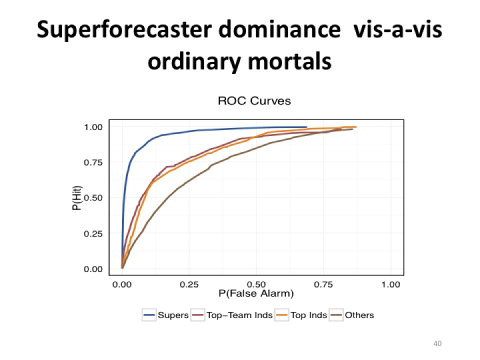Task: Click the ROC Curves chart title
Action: [x=254, y=101]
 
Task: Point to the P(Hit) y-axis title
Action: [x=76, y=198]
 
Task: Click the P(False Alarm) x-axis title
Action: [x=255, y=293]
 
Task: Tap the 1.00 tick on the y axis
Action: [x=93, y=127]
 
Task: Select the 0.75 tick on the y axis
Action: [x=93, y=162]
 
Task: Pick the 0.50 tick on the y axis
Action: [x=93, y=198]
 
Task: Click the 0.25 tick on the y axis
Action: [x=93, y=233]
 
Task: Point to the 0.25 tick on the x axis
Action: [x=189, y=284]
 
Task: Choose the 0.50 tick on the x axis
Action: [x=256, y=284]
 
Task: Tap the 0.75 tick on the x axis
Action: [x=323, y=284]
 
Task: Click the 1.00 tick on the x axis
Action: [x=390, y=284]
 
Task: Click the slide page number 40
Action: [x=438, y=343]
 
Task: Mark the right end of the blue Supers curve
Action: [x=306, y=127]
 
